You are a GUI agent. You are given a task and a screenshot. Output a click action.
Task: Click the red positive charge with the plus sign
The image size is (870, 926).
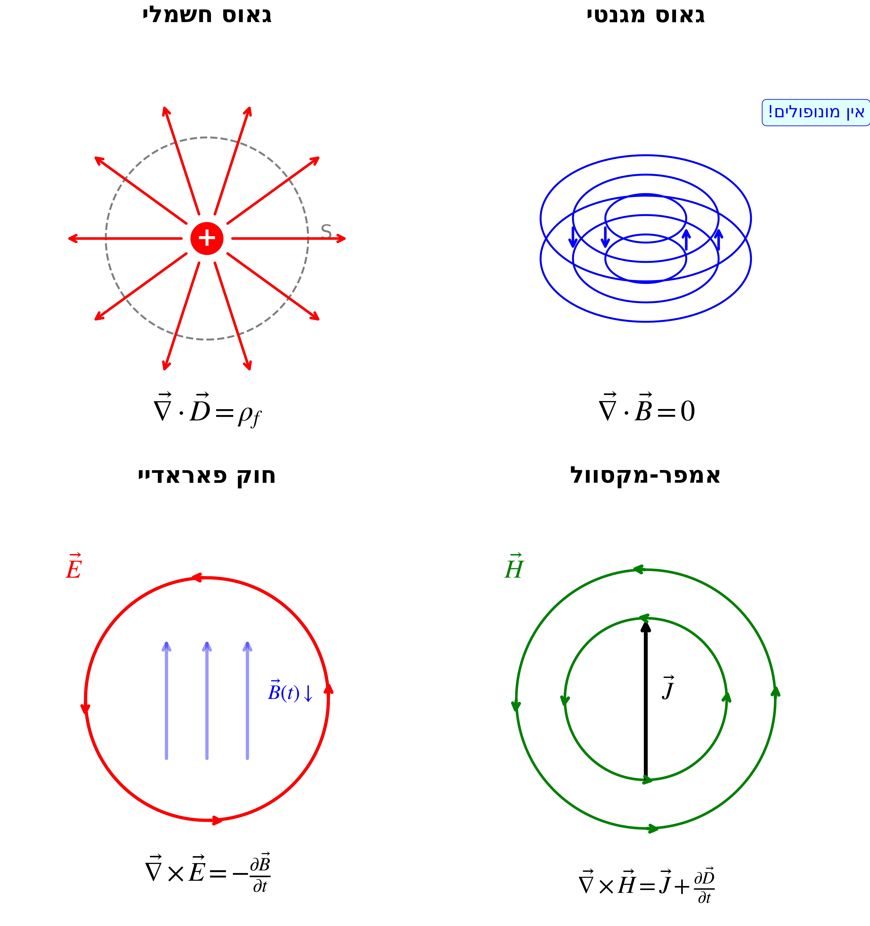pos(207,238)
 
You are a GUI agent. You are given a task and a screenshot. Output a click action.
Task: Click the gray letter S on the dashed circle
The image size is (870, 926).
pos(326,231)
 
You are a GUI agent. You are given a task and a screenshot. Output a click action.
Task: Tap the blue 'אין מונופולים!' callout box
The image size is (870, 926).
pos(815,112)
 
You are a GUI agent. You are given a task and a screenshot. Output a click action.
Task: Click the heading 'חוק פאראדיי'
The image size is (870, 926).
pos(207,476)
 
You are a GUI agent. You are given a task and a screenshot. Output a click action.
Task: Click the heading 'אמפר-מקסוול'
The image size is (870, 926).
pos(646,476)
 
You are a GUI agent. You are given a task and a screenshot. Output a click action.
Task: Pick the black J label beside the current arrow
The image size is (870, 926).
pos(668,688)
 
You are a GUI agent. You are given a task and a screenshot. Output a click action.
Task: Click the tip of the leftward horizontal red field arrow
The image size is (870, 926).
pos(70,238)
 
